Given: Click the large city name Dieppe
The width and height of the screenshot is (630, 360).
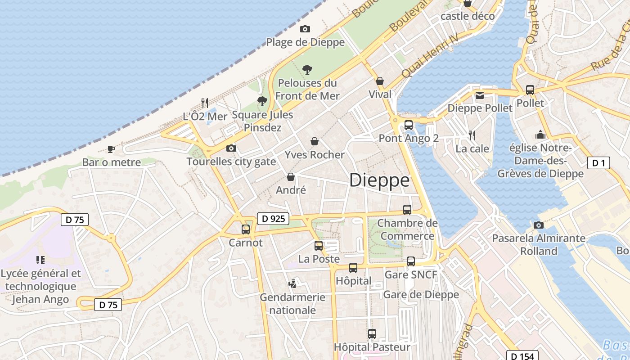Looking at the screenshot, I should point(379,180).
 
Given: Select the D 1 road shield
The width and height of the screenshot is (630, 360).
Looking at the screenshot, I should point(598,163).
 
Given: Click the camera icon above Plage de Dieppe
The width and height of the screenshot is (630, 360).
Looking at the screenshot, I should point(305,29).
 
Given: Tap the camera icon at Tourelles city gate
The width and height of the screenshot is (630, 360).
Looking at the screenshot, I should point(231,148).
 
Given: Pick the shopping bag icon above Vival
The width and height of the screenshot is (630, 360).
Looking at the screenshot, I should point(380,81).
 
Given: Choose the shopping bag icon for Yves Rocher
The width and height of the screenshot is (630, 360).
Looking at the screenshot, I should point(315,141).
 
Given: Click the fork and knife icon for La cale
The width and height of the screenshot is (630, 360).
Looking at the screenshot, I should point(472,135).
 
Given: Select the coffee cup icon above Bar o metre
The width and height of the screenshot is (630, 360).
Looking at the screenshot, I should point(111,149).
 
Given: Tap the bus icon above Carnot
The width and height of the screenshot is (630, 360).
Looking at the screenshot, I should point(245,229).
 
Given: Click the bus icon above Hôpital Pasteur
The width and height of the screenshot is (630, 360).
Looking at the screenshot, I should point(372,334).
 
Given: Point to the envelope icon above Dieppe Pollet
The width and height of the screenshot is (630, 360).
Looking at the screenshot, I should point(479,95).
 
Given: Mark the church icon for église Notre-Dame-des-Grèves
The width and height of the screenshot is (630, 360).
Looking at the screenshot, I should point(540,135).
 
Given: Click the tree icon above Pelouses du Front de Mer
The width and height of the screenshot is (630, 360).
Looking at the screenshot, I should point(307,70).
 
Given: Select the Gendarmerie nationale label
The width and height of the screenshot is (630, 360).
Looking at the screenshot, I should point(292,304).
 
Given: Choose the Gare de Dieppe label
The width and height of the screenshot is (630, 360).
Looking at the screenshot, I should point(421,295).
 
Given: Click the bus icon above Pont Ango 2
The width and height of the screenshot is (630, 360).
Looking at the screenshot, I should point(408,125).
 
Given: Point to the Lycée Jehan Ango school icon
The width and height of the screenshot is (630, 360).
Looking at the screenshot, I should point(40,260).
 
